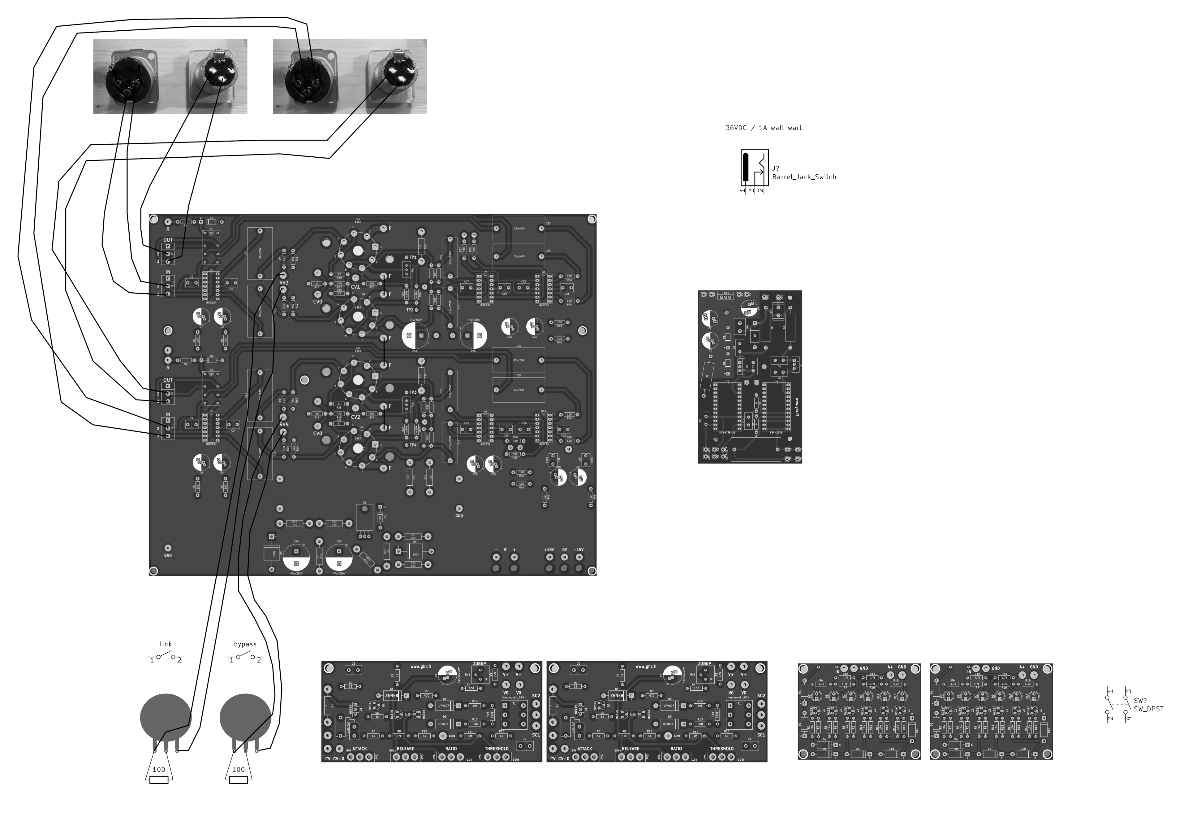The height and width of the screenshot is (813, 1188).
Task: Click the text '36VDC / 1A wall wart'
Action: pyautogui.click(x=763, y=128)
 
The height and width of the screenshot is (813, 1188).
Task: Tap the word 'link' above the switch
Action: pyautogui.click(x=166, y=644)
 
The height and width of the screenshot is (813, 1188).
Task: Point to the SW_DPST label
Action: pyautogui.click(x=1148, y=709)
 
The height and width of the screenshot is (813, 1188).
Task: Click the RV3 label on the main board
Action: pyautogui.click(x=284, y=282)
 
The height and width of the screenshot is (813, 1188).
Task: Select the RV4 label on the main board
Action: pyautogui.click(x=284, y=425)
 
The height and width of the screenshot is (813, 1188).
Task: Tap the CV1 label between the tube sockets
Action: pyautogui.click(x=355, y=287)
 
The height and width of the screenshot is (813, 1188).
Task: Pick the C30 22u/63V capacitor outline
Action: pyautogui.click(x=518, y=229)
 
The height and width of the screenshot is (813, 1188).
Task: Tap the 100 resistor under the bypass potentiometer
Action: pyautogui.click(x=238, y=780)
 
